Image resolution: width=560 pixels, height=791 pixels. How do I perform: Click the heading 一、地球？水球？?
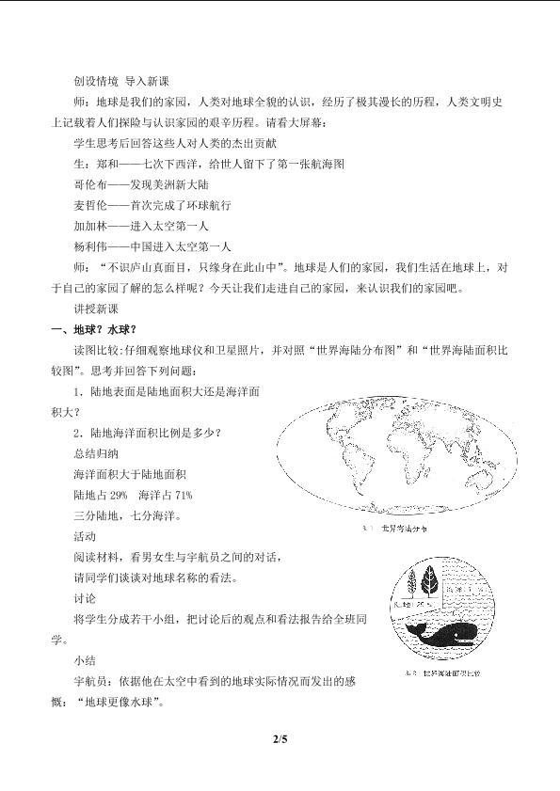[x=94, y=328]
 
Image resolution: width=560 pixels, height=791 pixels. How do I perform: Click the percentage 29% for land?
[x=119, y=495]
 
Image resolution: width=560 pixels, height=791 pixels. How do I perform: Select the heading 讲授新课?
[x=92, y=308]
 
